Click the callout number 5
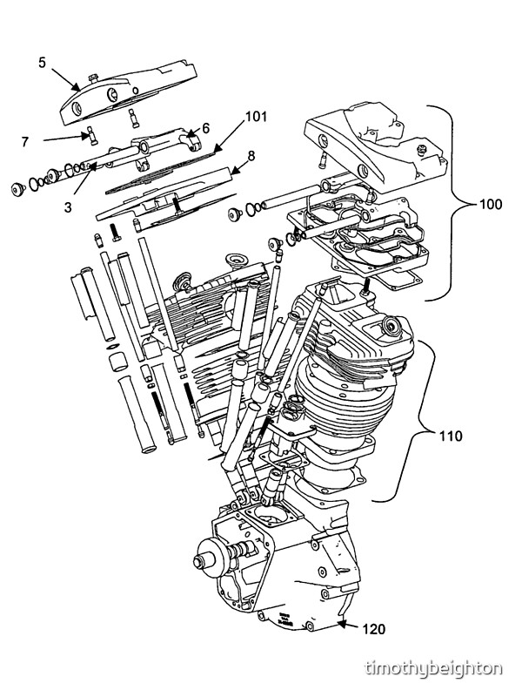(x=42, y=63)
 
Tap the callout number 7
(x=25, y=141)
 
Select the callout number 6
(x=205, y=127)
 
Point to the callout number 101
(x=256, y=117)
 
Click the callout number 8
(x=251, y=155)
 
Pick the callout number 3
(x=67, y=207)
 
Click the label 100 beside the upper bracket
(x=491, y=205)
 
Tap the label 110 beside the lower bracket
(x=451, y=436)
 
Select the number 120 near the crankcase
(x=374, y=629)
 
